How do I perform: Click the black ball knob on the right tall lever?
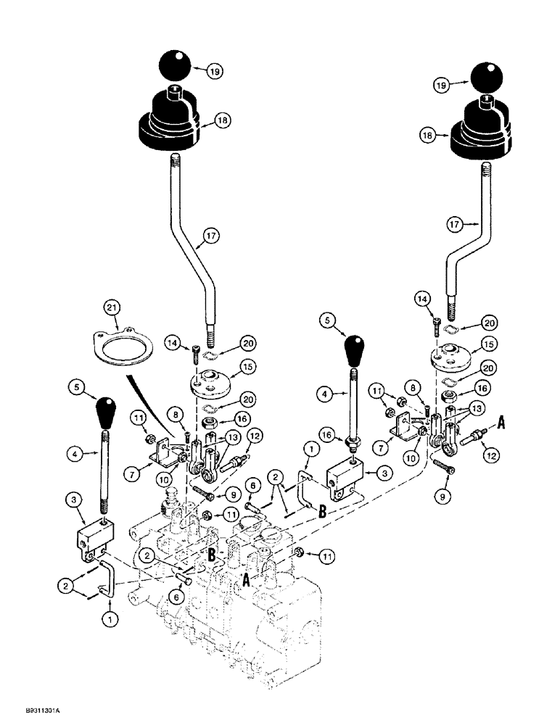tap(491, 77)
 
